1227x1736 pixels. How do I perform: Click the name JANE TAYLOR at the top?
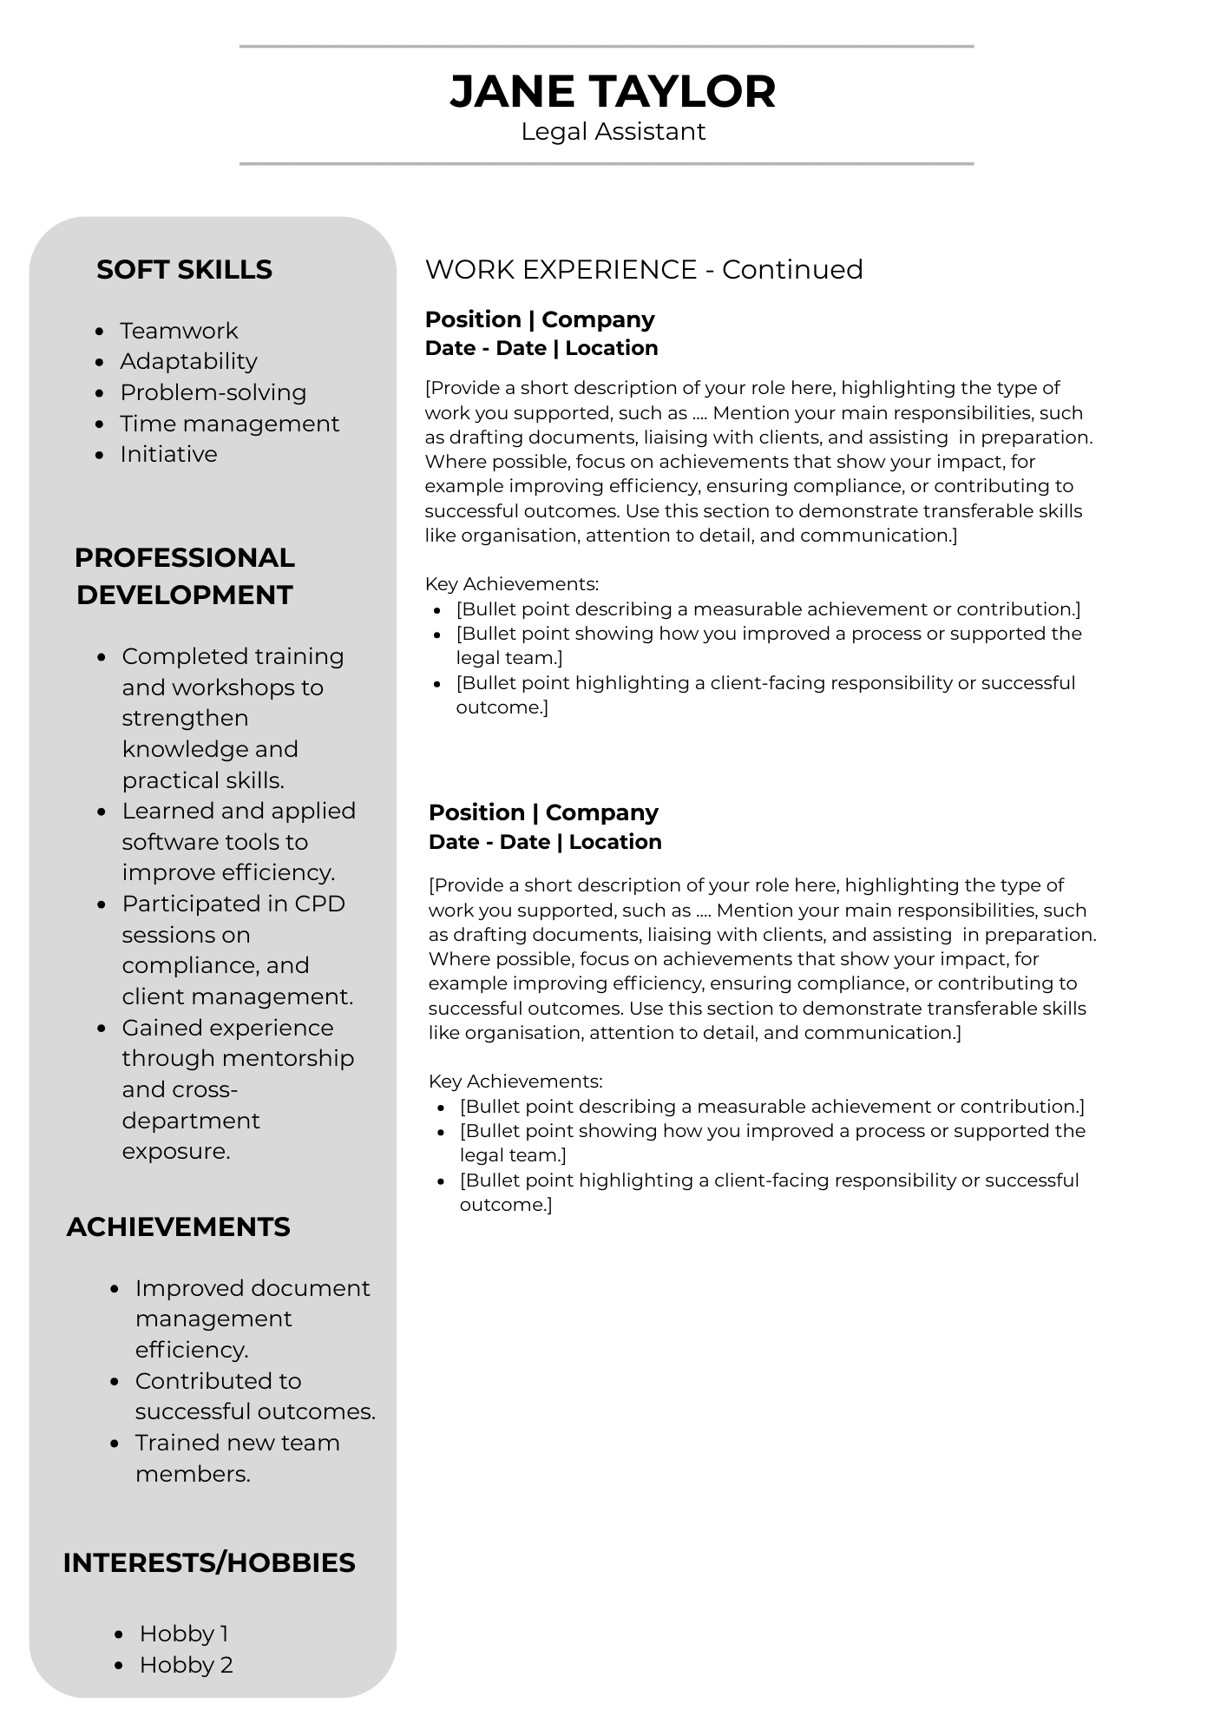coord(613,91)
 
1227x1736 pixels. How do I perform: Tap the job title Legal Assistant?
coord(613,132)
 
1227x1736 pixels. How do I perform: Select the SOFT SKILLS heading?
coord(184,270)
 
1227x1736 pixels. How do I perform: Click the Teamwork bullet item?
coord(179,331)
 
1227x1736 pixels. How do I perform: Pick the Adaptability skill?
coord(188,361)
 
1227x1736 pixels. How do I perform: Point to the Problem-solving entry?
coord(213,392)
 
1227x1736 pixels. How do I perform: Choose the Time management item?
coord(229,424)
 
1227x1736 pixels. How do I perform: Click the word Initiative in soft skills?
coord(168,454)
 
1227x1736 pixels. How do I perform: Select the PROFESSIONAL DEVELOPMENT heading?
coord(184,576)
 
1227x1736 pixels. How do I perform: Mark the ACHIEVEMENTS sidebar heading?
coord(178,1227)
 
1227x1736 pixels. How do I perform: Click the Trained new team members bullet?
coord(237,1458)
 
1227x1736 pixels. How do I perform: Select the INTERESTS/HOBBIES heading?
coord(209,1563)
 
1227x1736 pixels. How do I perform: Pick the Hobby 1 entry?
coord(184,1634)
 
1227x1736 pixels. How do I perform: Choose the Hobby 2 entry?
coord(186,1665)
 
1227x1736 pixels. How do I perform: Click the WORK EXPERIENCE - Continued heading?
coord(644,270)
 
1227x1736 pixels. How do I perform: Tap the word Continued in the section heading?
coord(792,270)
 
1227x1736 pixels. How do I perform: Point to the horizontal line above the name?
coord(606,47)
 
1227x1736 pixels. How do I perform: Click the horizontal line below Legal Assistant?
coord(606,163)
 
